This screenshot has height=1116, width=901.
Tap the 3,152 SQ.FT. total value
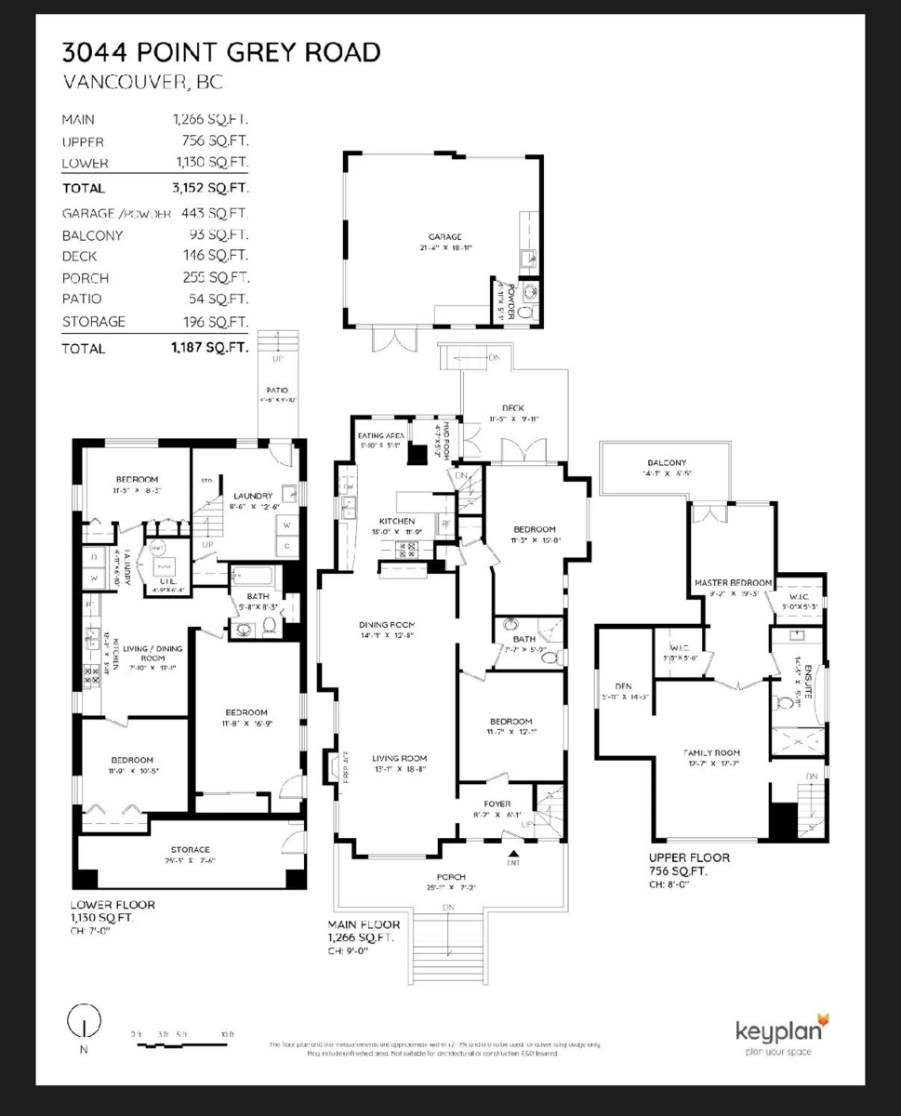210,188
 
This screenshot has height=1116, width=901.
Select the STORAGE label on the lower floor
190,849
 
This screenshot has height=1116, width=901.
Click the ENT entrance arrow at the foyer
512,852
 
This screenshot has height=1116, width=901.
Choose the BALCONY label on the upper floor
667,463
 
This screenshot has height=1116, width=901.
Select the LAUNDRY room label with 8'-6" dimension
252,496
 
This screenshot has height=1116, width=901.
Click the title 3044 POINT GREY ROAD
221,52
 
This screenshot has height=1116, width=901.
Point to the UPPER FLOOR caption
689,857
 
